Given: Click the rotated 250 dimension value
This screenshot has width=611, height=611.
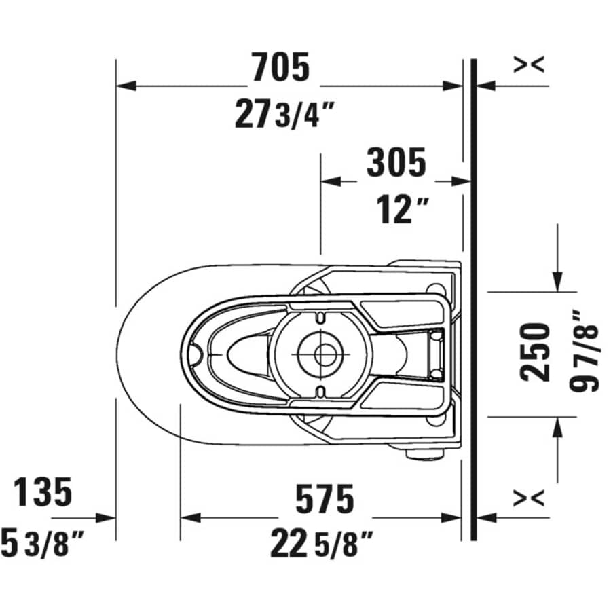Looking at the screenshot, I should click(535, 352).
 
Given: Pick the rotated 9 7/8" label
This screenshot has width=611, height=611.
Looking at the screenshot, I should click(585, 352).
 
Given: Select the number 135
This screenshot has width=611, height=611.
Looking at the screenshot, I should click(43, 492).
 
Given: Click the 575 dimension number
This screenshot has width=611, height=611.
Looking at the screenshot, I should click(324, 500).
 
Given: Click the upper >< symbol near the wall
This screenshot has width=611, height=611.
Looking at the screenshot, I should click(528, 64).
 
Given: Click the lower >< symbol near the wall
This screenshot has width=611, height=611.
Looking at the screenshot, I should click(528, 498).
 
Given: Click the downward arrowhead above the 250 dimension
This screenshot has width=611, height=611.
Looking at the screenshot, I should click(557, 282).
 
